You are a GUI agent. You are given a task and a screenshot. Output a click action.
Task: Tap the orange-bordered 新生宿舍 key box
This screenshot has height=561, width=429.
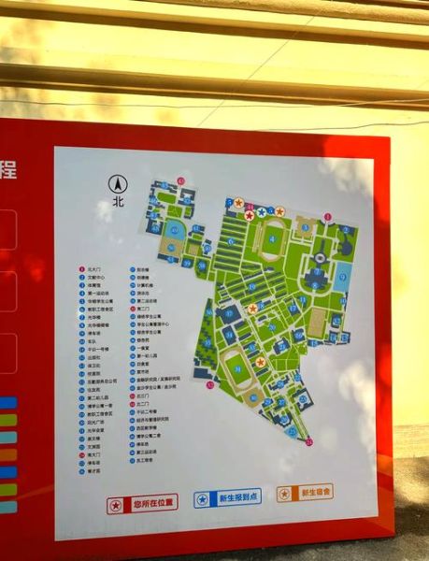point(305,493)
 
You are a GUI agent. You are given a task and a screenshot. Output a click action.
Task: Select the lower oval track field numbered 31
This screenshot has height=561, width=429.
point(238,365)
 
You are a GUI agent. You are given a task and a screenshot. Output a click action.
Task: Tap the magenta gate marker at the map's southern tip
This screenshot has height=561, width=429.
point(309,440)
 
